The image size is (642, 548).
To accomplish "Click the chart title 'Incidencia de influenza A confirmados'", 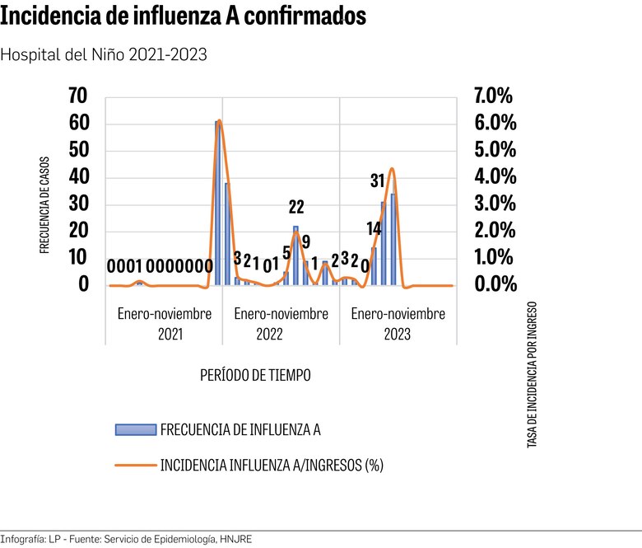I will pyautogui.click(x=184, y=17).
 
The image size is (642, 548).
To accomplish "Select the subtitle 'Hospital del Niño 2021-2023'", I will pyautogui.click(x=104, y=54).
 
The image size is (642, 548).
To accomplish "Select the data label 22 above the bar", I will pyautogui.click(x=296, y=207).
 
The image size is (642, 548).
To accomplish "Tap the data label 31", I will pyautogui.click(x=377, y=180).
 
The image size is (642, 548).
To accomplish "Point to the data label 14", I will pyautogui.click(x=374, y=229).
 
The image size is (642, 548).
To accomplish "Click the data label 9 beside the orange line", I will pyautogui.click(x=306, y=242).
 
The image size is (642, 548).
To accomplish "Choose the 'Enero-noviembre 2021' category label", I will pyautogui.click(x=164, y=324).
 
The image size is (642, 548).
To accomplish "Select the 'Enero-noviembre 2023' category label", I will pyautogui.click(x=398, y=324).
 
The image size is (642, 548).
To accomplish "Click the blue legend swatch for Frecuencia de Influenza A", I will pyautogui.click(x=135, y=429).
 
